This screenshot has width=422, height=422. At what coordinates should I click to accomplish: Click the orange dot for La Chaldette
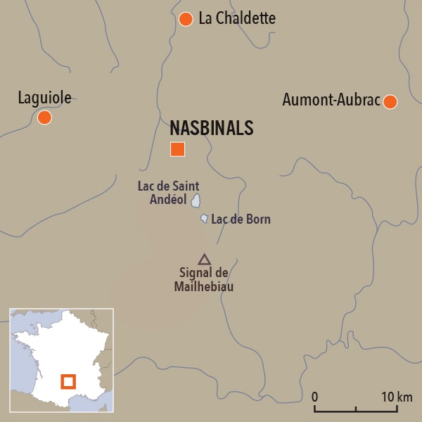186,19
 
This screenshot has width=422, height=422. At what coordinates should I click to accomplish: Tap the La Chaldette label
237,19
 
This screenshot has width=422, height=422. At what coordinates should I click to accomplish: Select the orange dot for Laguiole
44,117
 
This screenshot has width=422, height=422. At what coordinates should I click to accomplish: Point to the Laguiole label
44,98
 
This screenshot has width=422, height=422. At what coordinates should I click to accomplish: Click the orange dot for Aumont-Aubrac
390,102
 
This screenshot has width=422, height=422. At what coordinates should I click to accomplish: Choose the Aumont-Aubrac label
331,100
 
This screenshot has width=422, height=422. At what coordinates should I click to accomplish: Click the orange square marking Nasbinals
177,149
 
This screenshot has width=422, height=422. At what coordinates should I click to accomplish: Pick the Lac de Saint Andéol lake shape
196,202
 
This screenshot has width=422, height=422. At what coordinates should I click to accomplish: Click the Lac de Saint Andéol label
169,193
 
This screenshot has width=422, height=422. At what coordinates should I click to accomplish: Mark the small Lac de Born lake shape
204,219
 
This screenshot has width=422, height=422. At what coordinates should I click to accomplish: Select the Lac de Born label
241,219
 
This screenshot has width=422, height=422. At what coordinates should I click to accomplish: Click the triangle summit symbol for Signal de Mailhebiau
204,260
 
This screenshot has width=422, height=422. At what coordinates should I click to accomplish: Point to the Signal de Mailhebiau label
204,280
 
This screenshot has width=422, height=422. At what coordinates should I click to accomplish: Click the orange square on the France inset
68,382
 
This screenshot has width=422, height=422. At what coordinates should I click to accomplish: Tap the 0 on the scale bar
314,396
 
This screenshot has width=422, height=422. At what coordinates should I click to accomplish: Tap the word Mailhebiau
204,286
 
